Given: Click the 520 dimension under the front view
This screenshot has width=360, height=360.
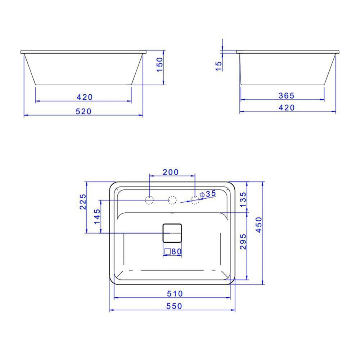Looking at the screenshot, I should [x=84, y=112].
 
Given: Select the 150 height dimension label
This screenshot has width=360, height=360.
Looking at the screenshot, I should [x=160, y=65].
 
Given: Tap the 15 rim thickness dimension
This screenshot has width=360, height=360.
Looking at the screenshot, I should [x=219, y=66].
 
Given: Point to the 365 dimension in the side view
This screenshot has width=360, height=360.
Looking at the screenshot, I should [x=287, y=95].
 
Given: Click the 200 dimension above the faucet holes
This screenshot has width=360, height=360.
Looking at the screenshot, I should [x=171, y=172].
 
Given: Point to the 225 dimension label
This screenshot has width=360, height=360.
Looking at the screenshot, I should [x=83, y=202].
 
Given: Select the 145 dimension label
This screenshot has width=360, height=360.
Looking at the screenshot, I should [x=98, y=217].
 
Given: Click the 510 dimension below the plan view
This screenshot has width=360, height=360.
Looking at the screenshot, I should [x=175, y=294].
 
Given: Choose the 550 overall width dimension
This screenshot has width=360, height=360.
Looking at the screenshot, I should [x=174, y=306].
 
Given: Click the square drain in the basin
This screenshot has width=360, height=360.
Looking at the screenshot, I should [x=172, y=233].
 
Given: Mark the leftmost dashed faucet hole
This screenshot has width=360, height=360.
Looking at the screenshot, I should [x=149, y=200].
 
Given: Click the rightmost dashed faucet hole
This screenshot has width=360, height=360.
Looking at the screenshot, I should [x=195, y=200].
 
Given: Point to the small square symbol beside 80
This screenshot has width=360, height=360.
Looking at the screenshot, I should [x=167, y=252].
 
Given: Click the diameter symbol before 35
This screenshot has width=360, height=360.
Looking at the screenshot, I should [x=202, y=194].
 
